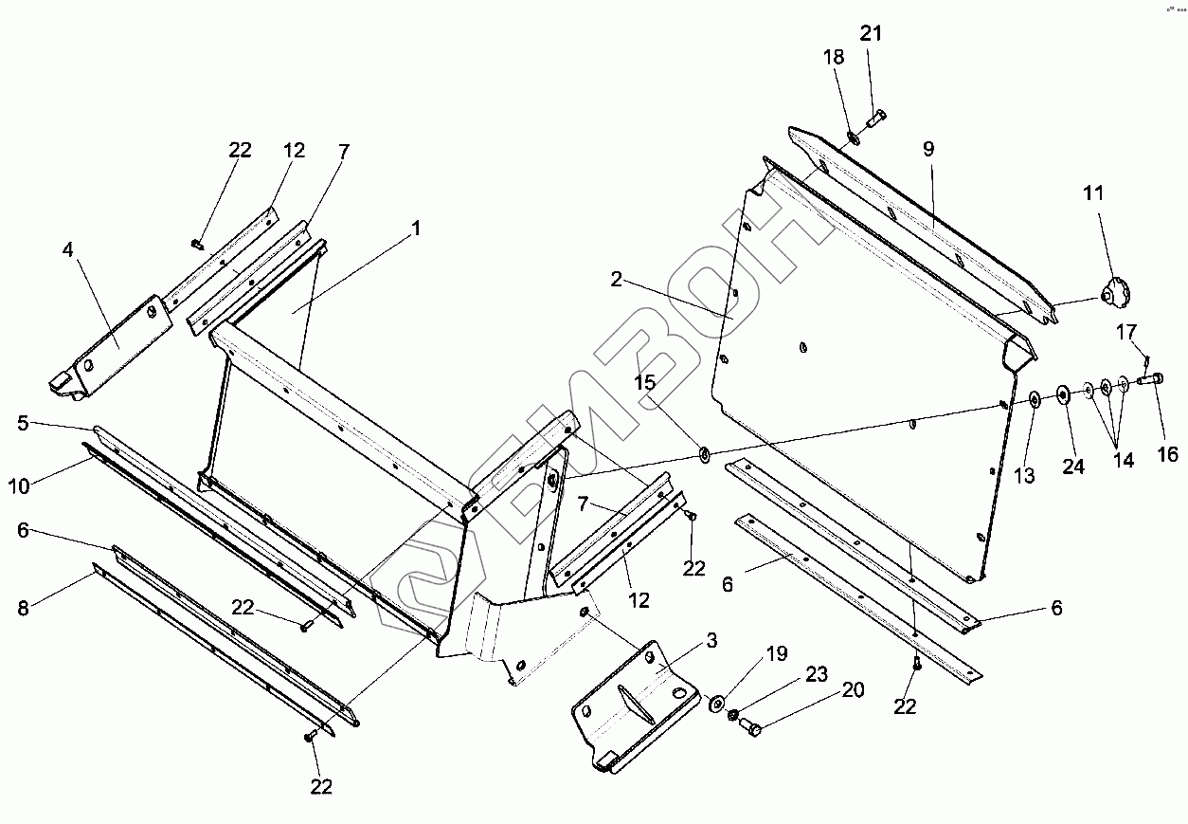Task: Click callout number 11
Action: (1094, 195)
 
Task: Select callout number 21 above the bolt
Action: (871, 34)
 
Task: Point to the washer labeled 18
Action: (852, 139)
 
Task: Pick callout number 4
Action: (67, 250)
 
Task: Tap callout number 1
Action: (415, 229)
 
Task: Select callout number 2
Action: (616, 279)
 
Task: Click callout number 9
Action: (928, 148)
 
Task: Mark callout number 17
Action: (1125, 333)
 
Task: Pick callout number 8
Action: (24, 608)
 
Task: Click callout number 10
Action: (19, 486)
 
